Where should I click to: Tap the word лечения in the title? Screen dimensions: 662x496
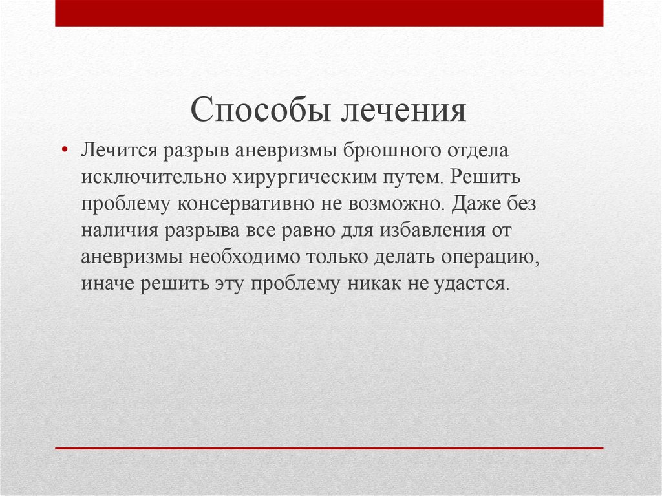click(x=403, y=111)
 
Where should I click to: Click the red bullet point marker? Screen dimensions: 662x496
click(x=64, y=149)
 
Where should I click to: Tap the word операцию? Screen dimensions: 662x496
click(x=489, y=258)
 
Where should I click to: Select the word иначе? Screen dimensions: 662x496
click(x=107, y=285)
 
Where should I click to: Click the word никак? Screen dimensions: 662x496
click(x=374, y=285)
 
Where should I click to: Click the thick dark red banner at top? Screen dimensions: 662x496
click(x=329, y=13)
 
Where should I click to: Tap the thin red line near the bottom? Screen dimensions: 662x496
click(x=329, y=448)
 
